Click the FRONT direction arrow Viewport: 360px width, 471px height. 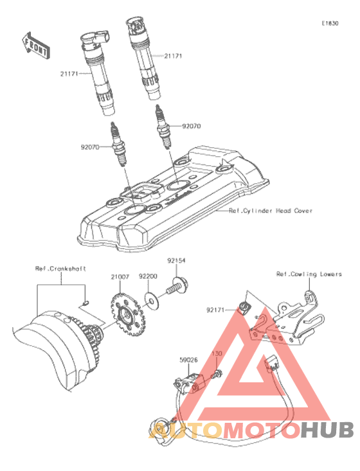[x=36, y=46]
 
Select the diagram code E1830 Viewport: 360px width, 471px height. [x=330, y=23]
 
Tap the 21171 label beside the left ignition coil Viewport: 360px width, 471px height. [x=69, y=74]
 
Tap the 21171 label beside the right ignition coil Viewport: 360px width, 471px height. [x=173, y=56]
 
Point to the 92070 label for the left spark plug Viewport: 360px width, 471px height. [x=90, y=147]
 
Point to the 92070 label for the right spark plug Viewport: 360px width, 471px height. [x=192, y=126]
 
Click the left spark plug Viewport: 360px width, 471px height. [x=119, y=144]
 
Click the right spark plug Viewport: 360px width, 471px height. [x=163, y=126]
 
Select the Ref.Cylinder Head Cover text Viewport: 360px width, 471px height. [x=271, y=211]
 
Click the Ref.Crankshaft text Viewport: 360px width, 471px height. [x=60, y=269]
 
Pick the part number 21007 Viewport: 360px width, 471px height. [x=120, y=277]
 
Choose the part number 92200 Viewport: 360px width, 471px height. [x=148, y=276]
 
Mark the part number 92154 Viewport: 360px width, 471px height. [x=176, y=261]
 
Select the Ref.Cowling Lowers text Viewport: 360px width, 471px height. [x=309, y=274]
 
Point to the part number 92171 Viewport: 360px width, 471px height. [x=215, y=310]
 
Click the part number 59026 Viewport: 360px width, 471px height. [x=188, y=360]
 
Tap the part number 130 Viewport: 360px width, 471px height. [x=217, y=353]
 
